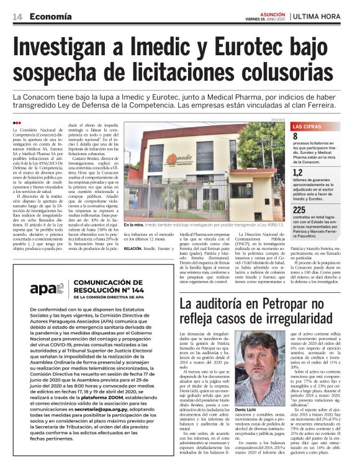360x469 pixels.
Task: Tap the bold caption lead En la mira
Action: click(x=135, y=225)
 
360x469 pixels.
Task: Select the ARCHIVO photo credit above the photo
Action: click(x=277, y=119)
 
